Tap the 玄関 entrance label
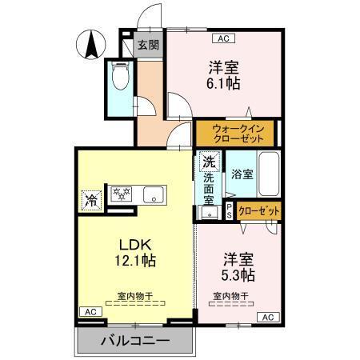click(x=147, y=45)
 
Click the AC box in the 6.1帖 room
click(x=221, y=38)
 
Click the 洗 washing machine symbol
click(x=208, y=161)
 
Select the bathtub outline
click(x=268, y=173)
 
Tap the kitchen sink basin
click(x=152, y=194)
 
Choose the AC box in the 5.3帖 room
click(x=267, y=318)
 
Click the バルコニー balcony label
click(x=135, y=342)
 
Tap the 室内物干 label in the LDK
click(x=134, y=296)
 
